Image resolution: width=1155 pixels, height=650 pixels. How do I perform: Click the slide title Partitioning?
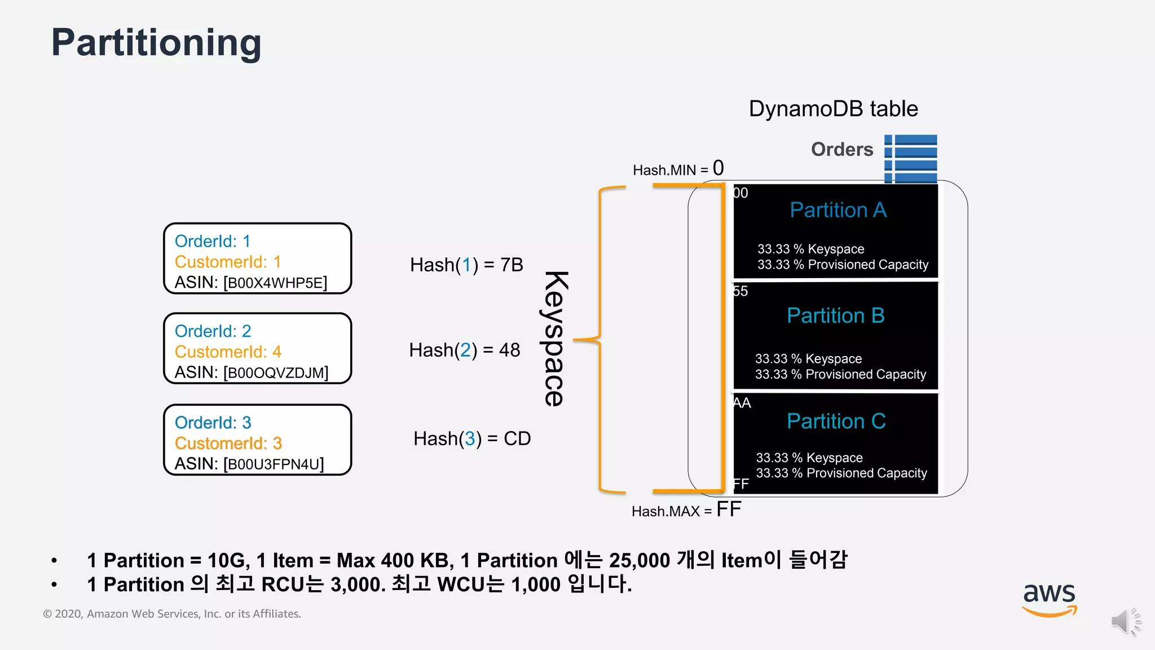[x=156, y=43]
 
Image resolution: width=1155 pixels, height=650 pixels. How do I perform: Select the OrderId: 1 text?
[x=212, y=241]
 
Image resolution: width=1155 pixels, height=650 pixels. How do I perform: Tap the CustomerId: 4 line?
[x=228, y=352]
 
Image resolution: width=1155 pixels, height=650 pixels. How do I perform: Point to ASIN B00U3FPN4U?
[x=249, y=464]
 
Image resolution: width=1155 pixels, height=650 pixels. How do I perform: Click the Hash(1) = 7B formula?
[x=466, y=265]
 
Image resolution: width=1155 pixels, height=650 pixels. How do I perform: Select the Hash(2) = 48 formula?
[x=465, y=350]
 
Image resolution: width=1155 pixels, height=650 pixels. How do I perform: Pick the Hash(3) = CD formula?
[x=472, y=438]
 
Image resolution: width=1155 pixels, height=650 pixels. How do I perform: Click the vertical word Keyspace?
[x=555, y=339]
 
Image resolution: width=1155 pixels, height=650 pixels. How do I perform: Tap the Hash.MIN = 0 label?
[x=678, y=169]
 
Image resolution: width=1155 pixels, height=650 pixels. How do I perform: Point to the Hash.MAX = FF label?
[x=686, y=510]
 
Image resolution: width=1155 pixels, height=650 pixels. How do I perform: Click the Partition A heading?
[x=838, y=210]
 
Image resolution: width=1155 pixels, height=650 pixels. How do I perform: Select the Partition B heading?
[x=835, y=315]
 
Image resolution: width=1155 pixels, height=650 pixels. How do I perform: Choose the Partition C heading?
[x=836, y=421]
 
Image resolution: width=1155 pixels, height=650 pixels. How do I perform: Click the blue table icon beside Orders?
[x=910, y=159]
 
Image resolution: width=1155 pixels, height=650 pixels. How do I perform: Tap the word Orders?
[x=841, y=150]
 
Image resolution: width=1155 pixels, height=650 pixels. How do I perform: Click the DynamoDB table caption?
[x=833, y=109]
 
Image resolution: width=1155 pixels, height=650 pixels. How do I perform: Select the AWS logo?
[x=1049, y=599]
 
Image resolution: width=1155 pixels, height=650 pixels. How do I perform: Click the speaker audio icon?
[x=1126, y=622]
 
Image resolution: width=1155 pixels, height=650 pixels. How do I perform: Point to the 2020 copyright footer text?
[x=172, y=614]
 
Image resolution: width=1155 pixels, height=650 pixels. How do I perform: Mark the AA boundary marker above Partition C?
[x=742, y=403]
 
